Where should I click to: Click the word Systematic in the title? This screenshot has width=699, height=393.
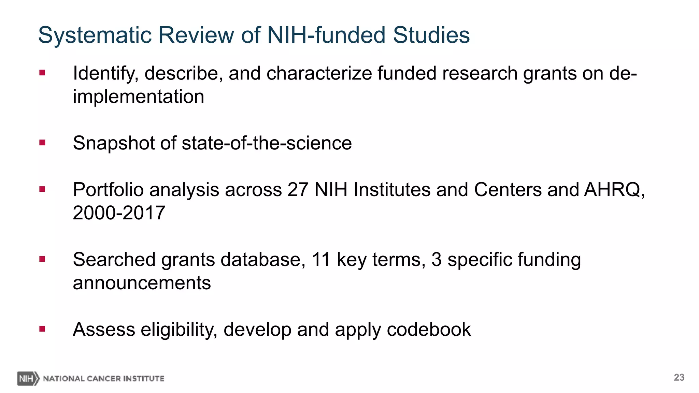tap(95, 35)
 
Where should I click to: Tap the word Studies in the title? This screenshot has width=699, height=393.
tap(431, 35)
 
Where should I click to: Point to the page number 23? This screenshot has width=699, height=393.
tap(679, 377)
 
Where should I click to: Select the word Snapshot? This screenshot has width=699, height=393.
tap(114, 143)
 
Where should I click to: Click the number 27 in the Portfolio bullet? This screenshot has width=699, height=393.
tap(298, 190)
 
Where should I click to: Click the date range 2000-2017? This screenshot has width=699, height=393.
tap(119, 213)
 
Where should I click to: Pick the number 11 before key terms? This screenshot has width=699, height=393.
tap(321, 260)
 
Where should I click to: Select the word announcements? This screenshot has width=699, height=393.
tap(142, 283)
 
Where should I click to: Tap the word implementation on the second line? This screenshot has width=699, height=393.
tap(138, 97)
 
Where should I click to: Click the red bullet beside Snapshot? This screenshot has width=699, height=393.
tap(42, 143)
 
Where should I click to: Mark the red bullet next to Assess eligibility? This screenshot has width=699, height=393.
tap(42, 329)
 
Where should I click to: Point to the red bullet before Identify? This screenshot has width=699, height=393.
tap(42, 73)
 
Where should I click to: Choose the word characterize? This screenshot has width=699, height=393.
tap(319, 73)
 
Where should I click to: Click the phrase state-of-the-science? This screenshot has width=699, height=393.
tap(267, 143)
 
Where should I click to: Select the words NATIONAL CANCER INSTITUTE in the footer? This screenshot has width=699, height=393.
tap(103, 379)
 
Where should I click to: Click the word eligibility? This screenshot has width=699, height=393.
tap(179, 330)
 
